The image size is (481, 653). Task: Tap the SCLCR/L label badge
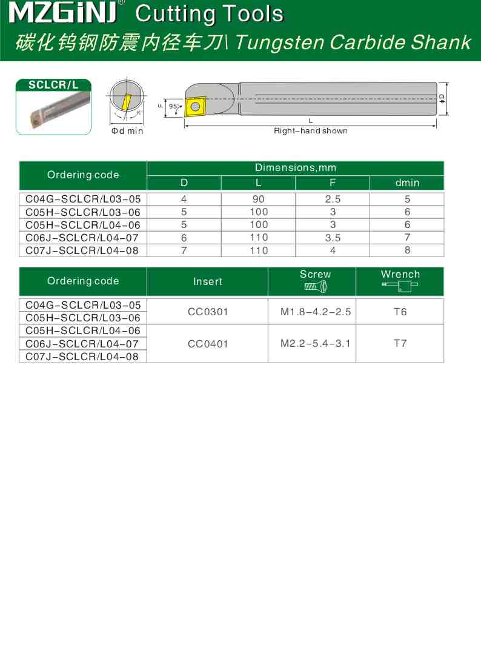coord(53,85)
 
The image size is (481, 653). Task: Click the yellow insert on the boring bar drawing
coord(194,107)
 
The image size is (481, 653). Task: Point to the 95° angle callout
coord(173,106)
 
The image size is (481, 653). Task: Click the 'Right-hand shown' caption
coord(310,131)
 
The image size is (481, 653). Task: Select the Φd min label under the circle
coord(127,131)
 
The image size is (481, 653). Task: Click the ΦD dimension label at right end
coord(442,98)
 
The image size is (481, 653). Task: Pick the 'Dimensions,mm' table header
coord(295,167)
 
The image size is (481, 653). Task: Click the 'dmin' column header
coord(407,183)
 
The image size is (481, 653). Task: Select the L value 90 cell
coord(258,199)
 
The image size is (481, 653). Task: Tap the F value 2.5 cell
coord(333,199)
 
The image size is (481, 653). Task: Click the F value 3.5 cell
coord(333,238)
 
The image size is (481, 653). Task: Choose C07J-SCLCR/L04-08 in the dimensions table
coord(83,250)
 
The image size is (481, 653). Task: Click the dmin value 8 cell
coord(407,250)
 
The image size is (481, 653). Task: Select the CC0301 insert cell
coord(208,312)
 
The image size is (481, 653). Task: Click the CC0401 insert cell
coord(208,344)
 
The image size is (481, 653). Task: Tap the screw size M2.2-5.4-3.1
coord(315,344)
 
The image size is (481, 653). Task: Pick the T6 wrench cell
coord(400,312)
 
